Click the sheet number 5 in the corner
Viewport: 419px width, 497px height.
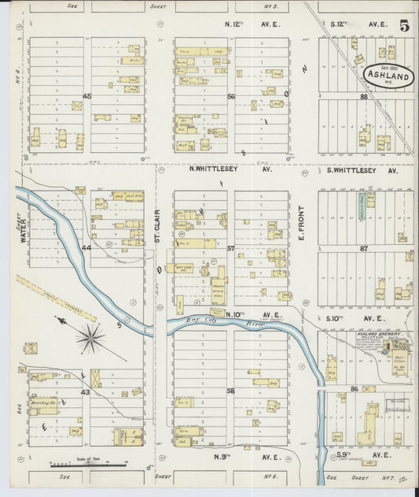[403, 26]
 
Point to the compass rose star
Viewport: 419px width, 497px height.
[90, 339]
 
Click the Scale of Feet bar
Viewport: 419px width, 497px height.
[88, 465]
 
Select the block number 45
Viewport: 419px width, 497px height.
[86, 96]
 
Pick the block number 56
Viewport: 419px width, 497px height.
[231, 96]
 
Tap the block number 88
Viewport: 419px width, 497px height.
[364, 96]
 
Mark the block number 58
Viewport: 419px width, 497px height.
[231, 390]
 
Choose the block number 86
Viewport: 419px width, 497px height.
[355, 389]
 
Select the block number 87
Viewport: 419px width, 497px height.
[364, 247]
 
